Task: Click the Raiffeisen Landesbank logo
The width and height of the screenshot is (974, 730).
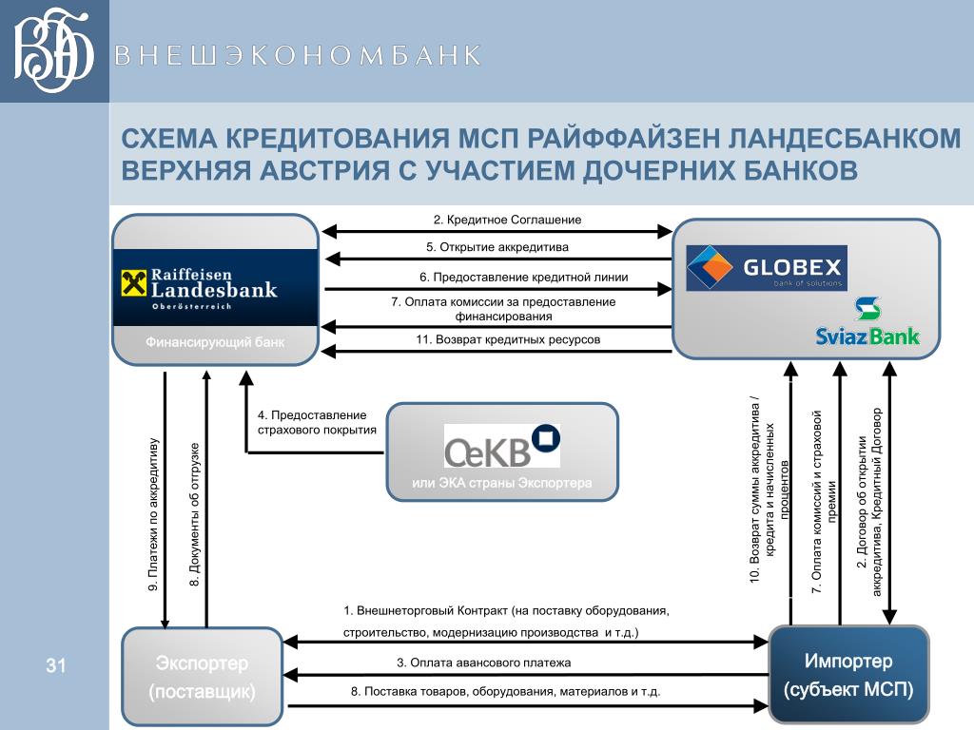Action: (x=214, y=288)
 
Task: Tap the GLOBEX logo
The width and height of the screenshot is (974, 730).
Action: (x=766, y=269)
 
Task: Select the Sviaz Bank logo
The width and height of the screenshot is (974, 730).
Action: (x=867, y=323)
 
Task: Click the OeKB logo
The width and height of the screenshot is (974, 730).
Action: (x=501, y=446)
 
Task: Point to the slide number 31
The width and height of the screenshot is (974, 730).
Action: (x=55, y=665)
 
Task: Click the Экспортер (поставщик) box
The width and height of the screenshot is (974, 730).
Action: (x=202, y=676)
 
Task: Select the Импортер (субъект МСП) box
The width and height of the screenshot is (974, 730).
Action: (x=847, y=674)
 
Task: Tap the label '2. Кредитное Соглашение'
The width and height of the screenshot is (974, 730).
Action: (x=507, y=220)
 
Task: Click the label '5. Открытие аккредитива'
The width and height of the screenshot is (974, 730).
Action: (x=497, y=247)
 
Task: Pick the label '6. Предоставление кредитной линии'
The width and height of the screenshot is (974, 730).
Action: (x=523, y=277)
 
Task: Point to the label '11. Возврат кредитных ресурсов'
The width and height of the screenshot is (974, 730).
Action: (x=508, y=339)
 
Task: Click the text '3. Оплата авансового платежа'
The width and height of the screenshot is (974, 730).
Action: (x=484, y=663)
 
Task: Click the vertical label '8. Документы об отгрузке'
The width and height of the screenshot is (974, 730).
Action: (x=195, y=513)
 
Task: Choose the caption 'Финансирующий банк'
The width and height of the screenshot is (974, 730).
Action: (x=214, y=341)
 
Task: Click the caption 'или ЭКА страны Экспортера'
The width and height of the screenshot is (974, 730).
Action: (x=501, y=483)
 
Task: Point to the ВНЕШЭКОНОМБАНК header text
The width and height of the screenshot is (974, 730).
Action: (x=298, y=55)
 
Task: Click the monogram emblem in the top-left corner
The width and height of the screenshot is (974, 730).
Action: (x=54, y=51)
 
